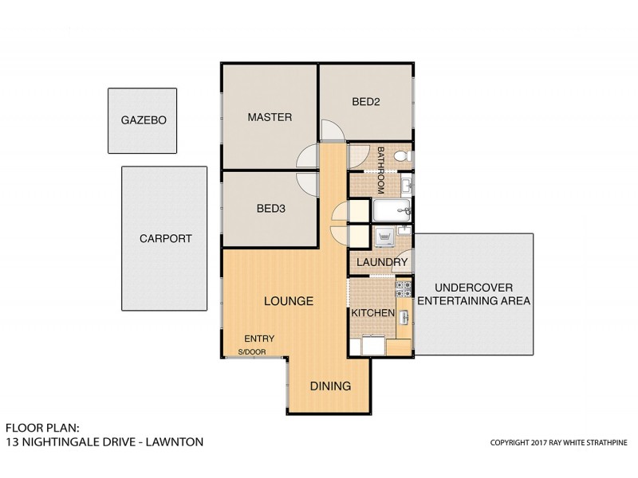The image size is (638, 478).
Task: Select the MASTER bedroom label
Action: click(x=270, y=117)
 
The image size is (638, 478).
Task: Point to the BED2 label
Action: click(x=367, y=101)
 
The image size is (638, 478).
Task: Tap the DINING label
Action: click(x=330, y=386)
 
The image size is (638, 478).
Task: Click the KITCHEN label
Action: click(x=372, y=314)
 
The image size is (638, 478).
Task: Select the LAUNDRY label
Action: click(x=382, y=262)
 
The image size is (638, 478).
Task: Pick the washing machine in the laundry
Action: click(x=382, y=237)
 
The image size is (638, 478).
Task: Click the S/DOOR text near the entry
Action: click(x=251, y=351)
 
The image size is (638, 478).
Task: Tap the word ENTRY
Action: click(x=259, y=337)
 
